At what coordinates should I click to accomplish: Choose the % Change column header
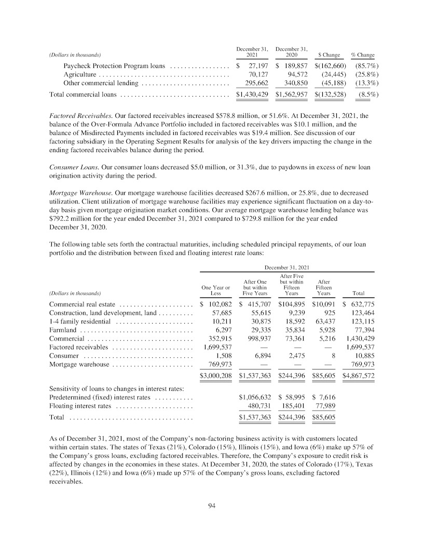(363, 55)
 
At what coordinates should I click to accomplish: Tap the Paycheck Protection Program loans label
(114, 66)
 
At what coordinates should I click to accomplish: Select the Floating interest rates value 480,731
(255, 406)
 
